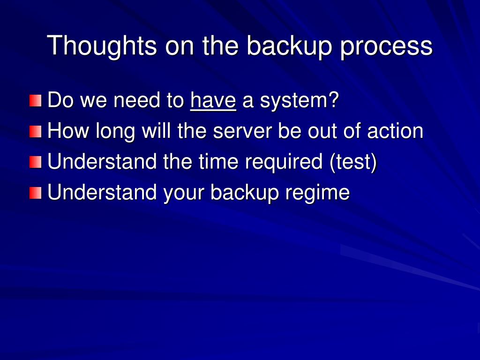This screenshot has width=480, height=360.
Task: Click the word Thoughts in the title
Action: [102, 46]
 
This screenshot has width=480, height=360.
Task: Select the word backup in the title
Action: [289, 46]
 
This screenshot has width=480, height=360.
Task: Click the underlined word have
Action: [213, 100]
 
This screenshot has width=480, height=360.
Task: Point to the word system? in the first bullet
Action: [300, 101]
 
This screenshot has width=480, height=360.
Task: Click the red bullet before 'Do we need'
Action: [36, 101]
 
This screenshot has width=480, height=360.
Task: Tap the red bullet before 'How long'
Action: [36, 132]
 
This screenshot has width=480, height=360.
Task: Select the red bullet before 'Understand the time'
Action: [36, 162]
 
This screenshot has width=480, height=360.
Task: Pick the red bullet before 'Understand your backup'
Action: [36, 193]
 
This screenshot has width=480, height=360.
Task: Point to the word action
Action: [395, 131]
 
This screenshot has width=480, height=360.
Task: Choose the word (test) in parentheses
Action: [353, 162]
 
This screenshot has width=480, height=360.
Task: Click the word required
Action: [284, 163]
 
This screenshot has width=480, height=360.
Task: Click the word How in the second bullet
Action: [68, 131]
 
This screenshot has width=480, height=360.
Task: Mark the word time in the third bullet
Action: [218, 162]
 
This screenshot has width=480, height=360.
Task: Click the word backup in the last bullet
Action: [245, 194]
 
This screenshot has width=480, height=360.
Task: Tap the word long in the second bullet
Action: [115, 132]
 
